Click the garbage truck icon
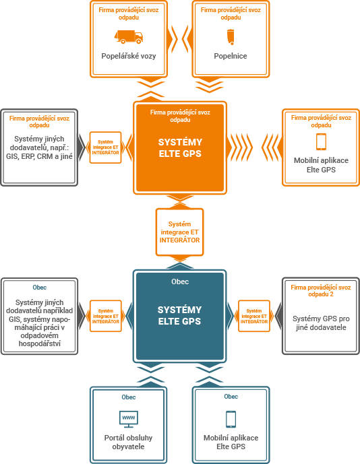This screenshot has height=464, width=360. tap(129, 36)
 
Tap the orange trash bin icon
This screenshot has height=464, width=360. tap(231, 36)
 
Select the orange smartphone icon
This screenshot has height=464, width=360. tap(321, 141)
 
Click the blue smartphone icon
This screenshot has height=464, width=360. tap(231, 419)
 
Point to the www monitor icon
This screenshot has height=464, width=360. tap(129, 419)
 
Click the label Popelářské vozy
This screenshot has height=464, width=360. tap(129, 56)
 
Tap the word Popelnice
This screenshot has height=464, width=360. tap(231, 56)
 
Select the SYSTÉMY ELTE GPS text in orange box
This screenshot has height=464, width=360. tap(180, 147)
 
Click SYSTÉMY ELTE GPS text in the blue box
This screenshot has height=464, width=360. tap(179, 315)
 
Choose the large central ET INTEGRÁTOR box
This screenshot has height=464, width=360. tap(179, 232)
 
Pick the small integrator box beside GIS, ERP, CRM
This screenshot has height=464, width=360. tap(105, 147)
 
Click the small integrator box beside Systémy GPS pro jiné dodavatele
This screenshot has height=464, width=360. tap(254, 316)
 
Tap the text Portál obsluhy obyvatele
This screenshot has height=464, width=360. tap(128, 442)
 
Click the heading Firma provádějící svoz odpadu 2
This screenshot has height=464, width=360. tap(321, 291)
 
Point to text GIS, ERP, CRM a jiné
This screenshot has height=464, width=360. tap(39, 156)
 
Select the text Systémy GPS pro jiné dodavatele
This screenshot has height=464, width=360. tap(321, 323)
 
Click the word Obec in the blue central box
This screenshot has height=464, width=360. tap(180, 281)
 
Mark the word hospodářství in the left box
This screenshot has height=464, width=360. tap(39, 343)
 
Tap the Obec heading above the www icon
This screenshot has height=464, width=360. tap(129, 397)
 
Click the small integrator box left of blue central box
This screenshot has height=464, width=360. tap(105, 316)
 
